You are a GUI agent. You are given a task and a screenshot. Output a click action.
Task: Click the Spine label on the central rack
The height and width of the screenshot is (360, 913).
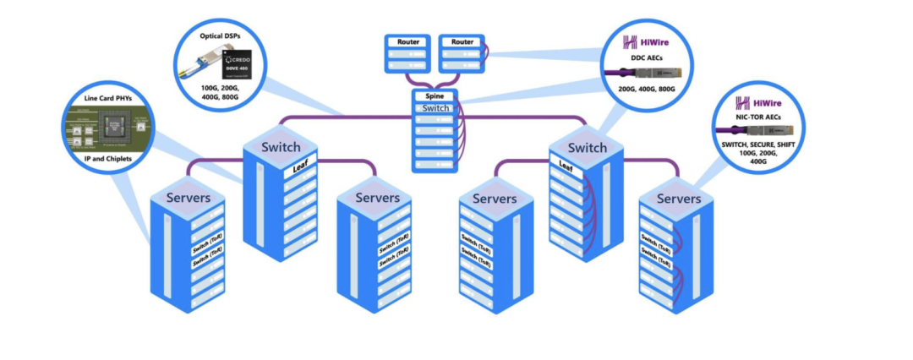click(x=436, y=96)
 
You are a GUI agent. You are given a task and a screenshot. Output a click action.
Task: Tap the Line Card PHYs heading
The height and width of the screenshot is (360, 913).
click(x=107, y=99)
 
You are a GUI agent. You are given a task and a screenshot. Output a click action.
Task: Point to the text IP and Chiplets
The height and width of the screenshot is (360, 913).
click(x=108, y=158)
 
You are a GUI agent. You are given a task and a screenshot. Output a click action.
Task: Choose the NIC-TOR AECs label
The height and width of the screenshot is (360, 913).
click(x=757, y=117)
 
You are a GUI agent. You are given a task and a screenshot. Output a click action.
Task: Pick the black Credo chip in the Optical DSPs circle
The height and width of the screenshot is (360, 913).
click(x=240, y=63)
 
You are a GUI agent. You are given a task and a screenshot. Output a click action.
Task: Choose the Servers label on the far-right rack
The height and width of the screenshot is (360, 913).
click(x=678, y=199)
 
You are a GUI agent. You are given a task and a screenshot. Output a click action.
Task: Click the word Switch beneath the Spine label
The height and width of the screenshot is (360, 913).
click(x=436, y=108)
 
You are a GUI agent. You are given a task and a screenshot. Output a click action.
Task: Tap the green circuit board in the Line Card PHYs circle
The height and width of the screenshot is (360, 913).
click(x=107, y=128)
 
